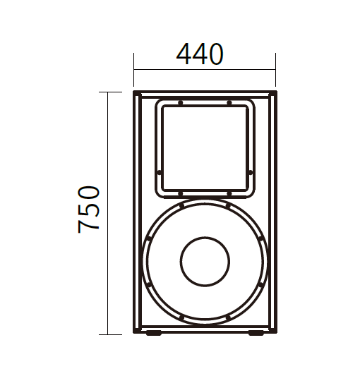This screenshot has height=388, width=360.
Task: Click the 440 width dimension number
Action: coord(200,54)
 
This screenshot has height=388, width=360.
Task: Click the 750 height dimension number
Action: coord(88,210)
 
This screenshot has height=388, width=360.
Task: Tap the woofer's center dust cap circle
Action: coord(205,262)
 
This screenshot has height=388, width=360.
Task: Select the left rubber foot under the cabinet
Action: coord(153,333)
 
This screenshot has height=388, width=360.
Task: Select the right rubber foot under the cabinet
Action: coord(256,333)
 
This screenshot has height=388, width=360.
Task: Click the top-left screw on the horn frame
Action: coord(181,102)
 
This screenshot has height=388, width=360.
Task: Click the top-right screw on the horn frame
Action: coord(229,102)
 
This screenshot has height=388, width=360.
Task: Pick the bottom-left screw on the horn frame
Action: coord(181,193)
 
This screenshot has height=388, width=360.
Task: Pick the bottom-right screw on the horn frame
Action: coord(229,193)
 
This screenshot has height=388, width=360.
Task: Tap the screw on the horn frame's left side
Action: coord(160,172)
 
